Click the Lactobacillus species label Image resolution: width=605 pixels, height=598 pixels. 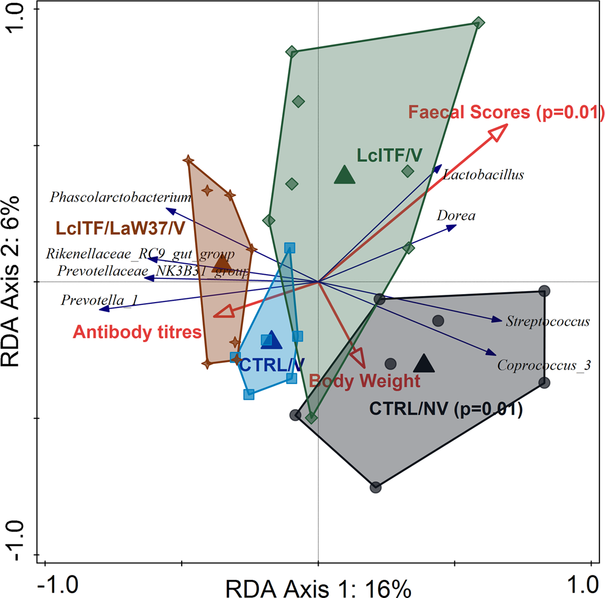(x=483, y=175)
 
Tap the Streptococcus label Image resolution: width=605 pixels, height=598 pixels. (x=547, y=321)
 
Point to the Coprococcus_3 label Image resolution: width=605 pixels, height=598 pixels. (x=544, y=365)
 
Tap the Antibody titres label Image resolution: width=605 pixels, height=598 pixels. (x=137, y=332)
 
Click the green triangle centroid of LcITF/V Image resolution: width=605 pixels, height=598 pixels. (x=345, y=175)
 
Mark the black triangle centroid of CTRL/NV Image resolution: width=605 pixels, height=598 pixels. (x=424, y=363)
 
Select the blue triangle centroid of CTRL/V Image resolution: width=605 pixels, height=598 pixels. (x=272, y=341)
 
